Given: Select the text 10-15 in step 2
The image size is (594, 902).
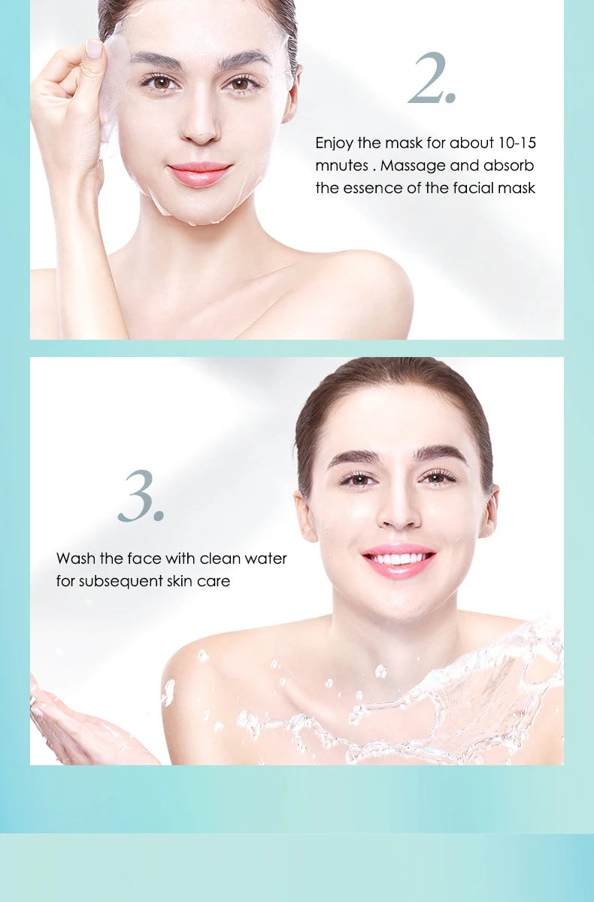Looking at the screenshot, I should pos(517,142).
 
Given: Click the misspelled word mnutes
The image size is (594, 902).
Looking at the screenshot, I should pos(341,165).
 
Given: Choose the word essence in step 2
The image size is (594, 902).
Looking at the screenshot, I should pos(372,188).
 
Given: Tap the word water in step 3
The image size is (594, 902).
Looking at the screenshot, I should pos(265,558).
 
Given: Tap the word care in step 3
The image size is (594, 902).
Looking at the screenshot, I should pos(215,581).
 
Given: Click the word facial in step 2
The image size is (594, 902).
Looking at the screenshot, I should pos(471,188).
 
